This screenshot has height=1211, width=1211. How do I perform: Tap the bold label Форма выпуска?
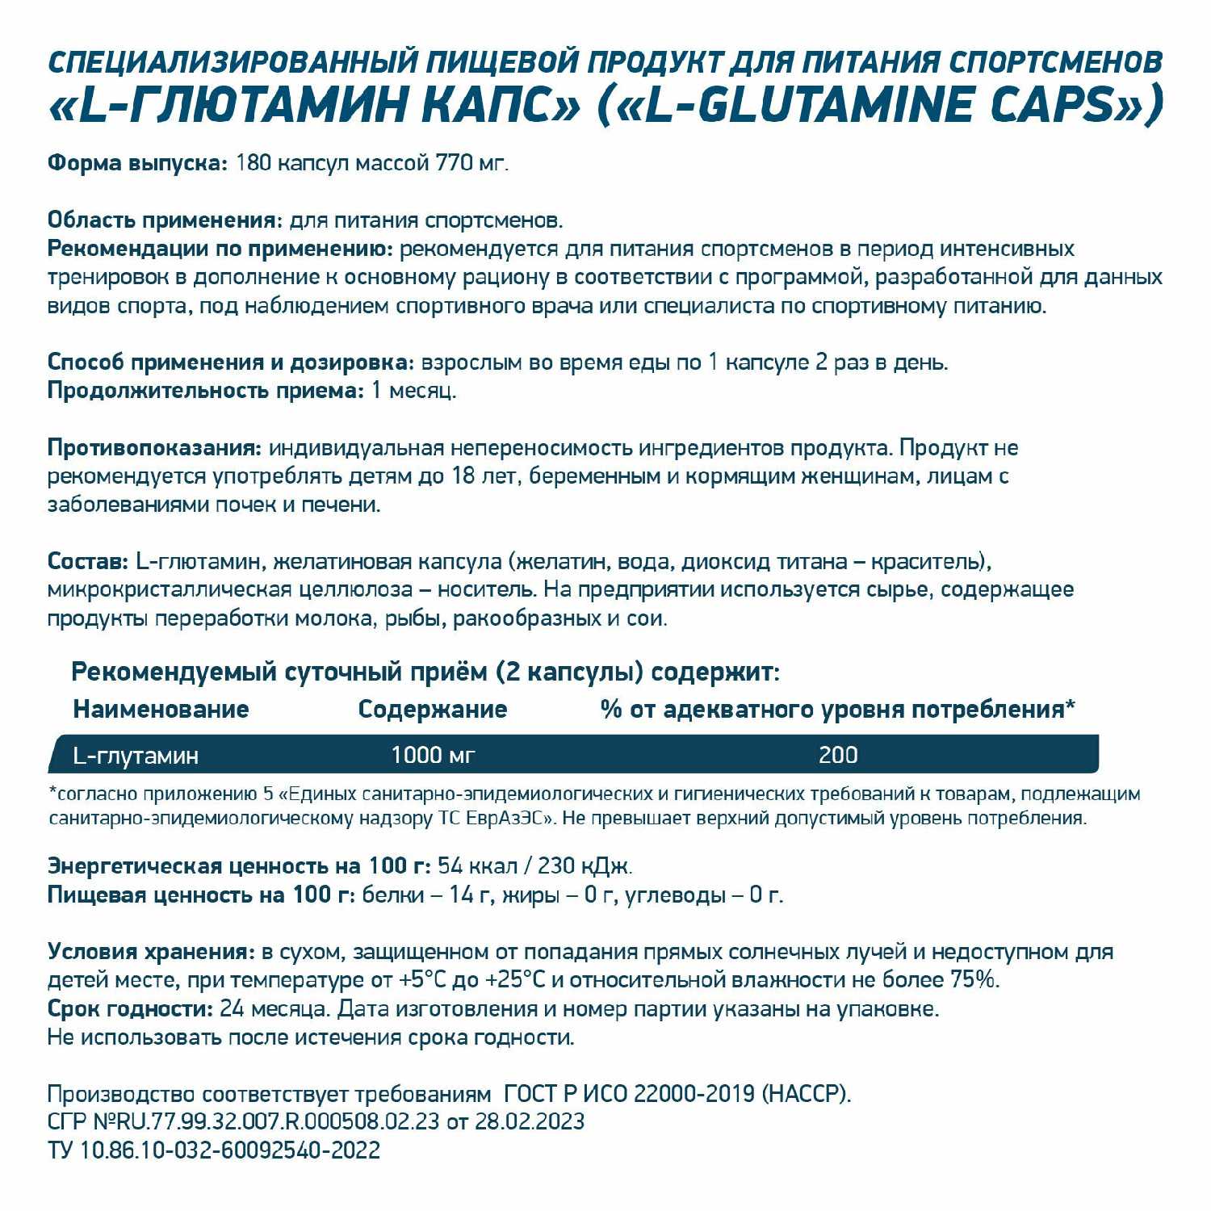click(138, 163)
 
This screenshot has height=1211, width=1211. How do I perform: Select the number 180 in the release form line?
click(253, 163)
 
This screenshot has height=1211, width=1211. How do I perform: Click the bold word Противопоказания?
click(154, 448)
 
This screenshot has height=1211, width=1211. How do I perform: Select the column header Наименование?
click(161, 710)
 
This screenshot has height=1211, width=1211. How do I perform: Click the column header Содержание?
click(432, 710)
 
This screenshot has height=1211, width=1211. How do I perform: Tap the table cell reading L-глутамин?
click(136, 756)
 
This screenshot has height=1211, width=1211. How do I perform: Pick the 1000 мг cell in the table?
click(433, 756)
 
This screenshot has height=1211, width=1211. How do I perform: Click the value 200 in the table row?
click(838, 756)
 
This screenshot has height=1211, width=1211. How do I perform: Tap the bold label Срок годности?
click(130, 1009)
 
